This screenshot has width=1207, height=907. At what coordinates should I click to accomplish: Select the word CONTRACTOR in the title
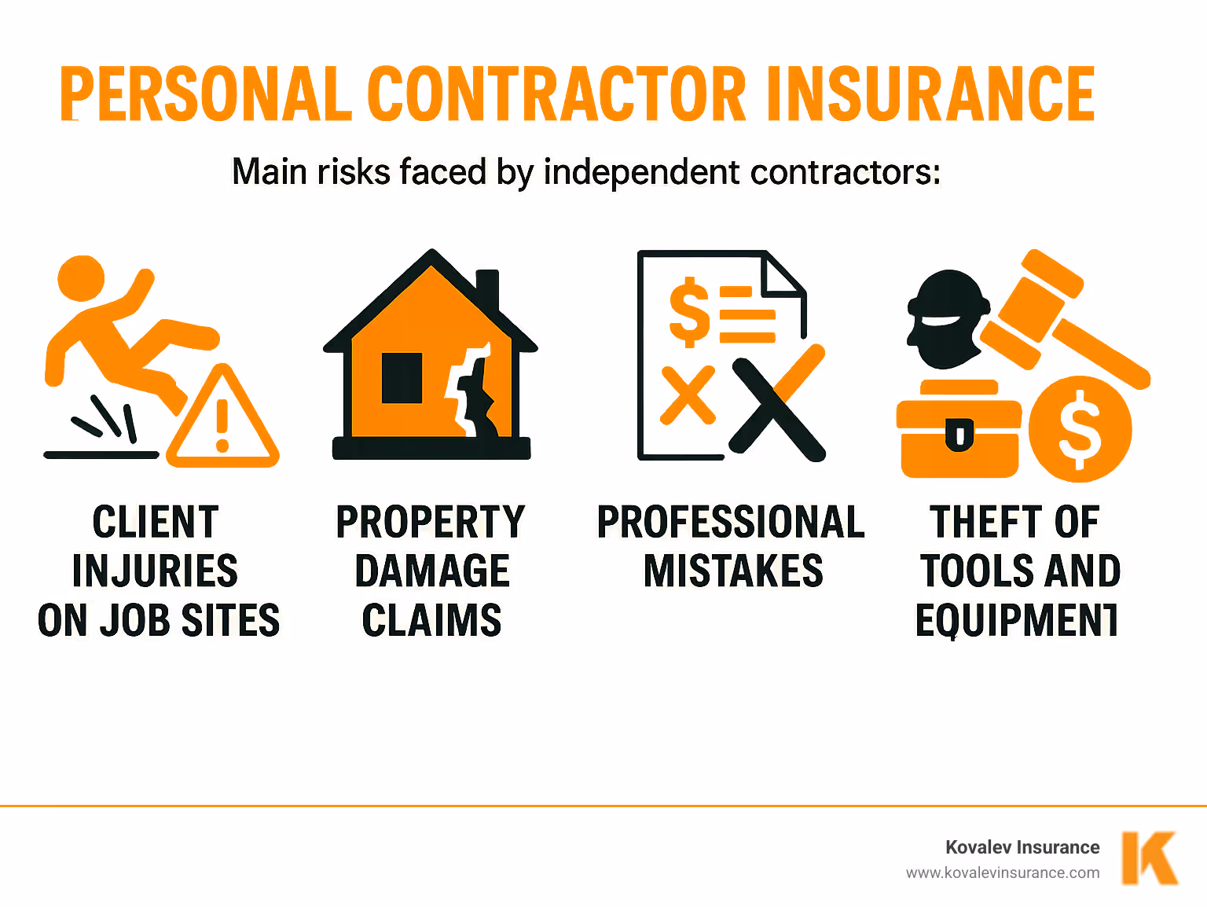click(556, 94)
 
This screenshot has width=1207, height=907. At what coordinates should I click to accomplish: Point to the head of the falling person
click(81, 278)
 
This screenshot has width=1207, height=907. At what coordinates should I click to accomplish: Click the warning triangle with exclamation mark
click(223, 420)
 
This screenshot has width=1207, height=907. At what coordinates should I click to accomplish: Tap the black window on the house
click(402, 378)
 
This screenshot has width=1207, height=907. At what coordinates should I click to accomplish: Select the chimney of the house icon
click(488, 291)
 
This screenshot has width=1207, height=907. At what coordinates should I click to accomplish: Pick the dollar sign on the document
click(688, 311)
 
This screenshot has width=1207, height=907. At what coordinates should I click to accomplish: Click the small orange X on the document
click(688, 395)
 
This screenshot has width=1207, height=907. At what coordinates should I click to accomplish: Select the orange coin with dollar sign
click(1080, 429)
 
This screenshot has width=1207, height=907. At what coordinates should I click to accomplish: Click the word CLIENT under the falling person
click(156, 523)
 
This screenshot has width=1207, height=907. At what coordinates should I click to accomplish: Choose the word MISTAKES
click(733, 571)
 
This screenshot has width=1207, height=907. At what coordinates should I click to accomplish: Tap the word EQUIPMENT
click(1016, 621)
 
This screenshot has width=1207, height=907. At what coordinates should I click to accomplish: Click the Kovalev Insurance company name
click(1022, 847)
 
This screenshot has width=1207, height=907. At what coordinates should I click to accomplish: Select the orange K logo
click(1150, 857)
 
